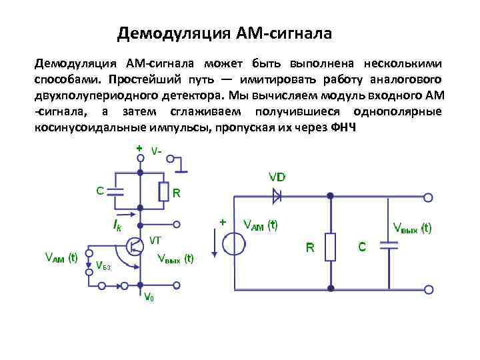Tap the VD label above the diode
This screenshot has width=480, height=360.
click(x=277, y=177)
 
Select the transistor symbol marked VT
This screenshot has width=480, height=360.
click(x=134, y=245)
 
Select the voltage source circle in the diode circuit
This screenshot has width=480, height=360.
click(x=233, y=244)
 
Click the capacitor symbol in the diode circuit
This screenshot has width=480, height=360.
click(x=389, y=245)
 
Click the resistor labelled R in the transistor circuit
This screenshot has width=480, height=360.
click(x=163, y=191)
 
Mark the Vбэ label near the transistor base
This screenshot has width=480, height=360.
click(x=103, y=267)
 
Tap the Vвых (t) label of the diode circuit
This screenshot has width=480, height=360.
click(x=412, y=228)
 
